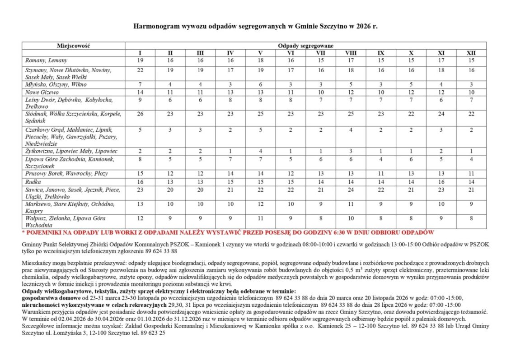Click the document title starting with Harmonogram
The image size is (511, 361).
(x=255, y=27)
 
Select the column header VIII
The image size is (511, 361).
(x=351, y=53)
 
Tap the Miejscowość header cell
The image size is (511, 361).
(x=74, y=46)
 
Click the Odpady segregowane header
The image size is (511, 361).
(x=305, y=46)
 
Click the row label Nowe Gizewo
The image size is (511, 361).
(x=40, y=92)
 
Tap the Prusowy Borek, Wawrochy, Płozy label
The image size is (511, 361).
(x=66, y=174)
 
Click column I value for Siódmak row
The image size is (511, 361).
(x=140, y=114)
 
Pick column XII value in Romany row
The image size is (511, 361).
(x=471, y=60)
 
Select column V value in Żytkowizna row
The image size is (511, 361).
(x=260, y=151)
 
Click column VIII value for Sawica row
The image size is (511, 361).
(x=351, y=190)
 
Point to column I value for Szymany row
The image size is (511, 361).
(x=140, y=70)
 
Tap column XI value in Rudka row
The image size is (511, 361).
(x=441, y=181)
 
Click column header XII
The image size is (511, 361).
(x=471, y=53)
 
